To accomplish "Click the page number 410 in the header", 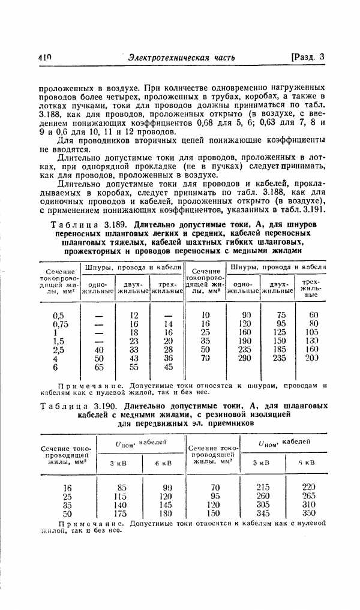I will [x=44, y=57].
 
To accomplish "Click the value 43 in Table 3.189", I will [x=134, y=358].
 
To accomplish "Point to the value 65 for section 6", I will [x=99, y=367].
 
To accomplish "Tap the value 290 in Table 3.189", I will [x=245, y=358].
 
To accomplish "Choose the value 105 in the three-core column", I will [x=313, y=332].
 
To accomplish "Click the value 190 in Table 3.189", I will [x=245, y=341].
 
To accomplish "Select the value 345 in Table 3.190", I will [x=263, y=513].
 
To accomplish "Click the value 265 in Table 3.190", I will [x=309, y=496].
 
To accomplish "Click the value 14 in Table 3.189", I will [x=168, y=323].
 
